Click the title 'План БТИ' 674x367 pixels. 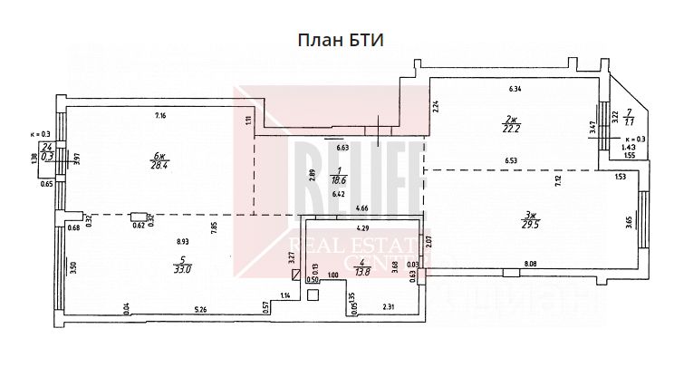[336, 41]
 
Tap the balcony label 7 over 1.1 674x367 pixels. [629, 118]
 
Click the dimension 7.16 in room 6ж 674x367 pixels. [160, 116]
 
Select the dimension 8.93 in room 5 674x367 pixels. [182, 241]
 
